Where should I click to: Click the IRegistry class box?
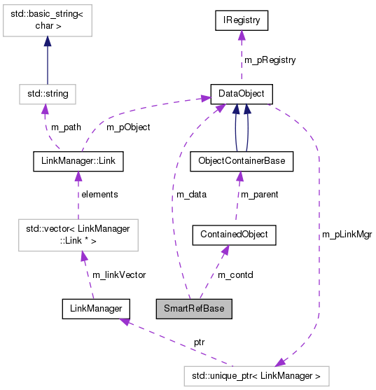242,21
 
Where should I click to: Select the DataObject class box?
242,93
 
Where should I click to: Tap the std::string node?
46,93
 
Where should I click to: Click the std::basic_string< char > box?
46,20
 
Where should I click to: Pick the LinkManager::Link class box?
78,162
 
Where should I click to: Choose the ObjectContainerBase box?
242,162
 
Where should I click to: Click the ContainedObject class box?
235,235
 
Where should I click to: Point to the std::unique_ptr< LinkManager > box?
256,376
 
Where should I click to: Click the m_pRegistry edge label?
270,60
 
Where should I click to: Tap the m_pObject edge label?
127,127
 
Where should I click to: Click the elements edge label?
99,194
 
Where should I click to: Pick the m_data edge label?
190,194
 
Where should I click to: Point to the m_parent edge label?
259,194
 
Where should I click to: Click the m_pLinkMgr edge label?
347,235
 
